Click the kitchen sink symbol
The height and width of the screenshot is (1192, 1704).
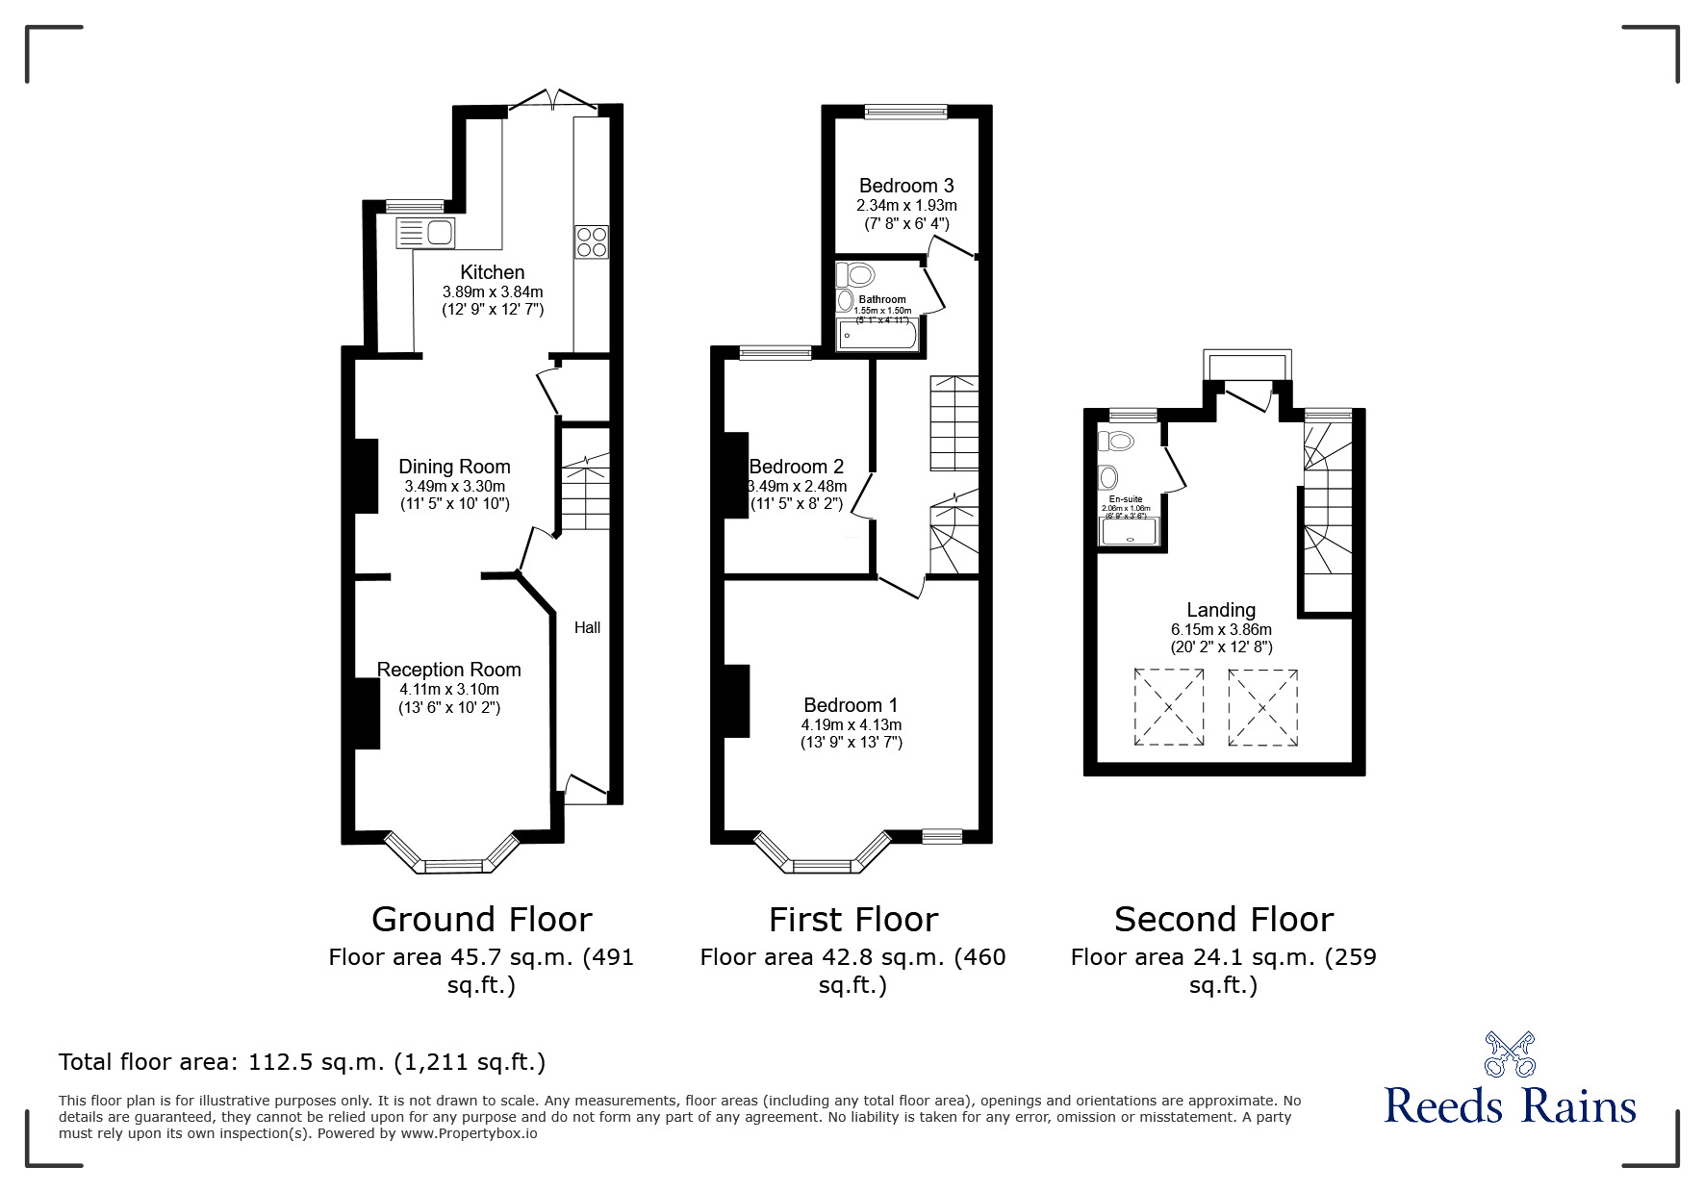click(x=426, y=233)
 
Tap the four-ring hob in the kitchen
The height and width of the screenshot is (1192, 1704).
click(x=591, y=241)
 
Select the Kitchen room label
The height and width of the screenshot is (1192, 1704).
click(x=492, y=272)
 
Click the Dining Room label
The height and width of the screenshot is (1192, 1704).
click(x=454, y=467)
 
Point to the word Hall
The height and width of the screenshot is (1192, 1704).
click(x=587, y=627)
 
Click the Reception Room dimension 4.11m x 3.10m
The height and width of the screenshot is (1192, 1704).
click(x=449, y=689)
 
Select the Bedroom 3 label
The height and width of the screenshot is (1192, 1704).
click(x=906, y=186)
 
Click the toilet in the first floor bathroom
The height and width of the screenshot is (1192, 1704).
click(x=856, y=274)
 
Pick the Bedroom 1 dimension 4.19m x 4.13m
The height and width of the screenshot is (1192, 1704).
click(x=851, y=724)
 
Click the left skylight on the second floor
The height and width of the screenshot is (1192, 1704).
click(x=1168, y=707)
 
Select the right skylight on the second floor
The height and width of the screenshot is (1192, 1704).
click(x=1261, y=707)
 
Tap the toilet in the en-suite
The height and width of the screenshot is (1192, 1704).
click(x=1118, y=442)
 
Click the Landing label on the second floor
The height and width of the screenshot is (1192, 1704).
click(x=1220, y=609)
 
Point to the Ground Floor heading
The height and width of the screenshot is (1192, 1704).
click(x=481, y=919)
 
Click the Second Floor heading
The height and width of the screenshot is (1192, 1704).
click(x=1223, y=919)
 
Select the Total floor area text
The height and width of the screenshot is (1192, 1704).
click(x=302, y=1062)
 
